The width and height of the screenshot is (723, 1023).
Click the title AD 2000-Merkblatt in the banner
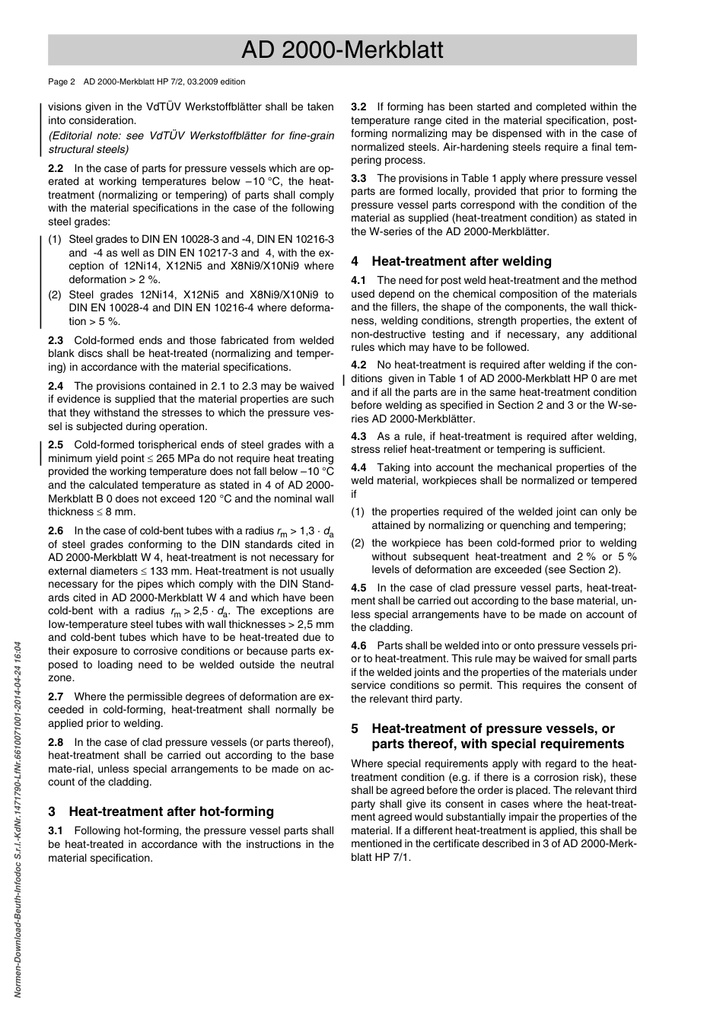pyautogui.click(x=342, y=50)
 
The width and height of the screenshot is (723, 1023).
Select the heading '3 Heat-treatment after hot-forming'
pyautogui.click(x=161, y=811)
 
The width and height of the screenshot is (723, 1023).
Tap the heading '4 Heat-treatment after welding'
pyautogui.click(x=451, y=261)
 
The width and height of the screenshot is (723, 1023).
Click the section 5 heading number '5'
pyautogui.click(x=355, y=728)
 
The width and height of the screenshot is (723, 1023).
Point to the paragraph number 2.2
pyautogui.click(x=56, y=168)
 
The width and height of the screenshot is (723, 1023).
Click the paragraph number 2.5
pyautogui.click(x=56, y=445)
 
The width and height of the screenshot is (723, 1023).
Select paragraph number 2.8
pyautogui.click(x=56, y=742)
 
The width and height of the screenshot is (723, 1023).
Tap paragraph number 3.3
pyautogui.click(x=358, y=178)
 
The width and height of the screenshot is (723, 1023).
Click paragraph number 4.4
pyautogui.click(x=358, y=467)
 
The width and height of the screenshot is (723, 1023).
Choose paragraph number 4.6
pyautogui.click(x=358, y=645)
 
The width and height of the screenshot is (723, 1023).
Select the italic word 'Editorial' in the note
pyautogui.click(x=75, y=135)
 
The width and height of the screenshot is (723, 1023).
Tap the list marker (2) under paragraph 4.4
pyautogui.click(x=358, y=543)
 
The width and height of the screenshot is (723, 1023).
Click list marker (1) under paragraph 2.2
pyautogui.click(x=56, y=239)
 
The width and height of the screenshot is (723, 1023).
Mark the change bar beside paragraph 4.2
pyautogui.click(x=344, y=378)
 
